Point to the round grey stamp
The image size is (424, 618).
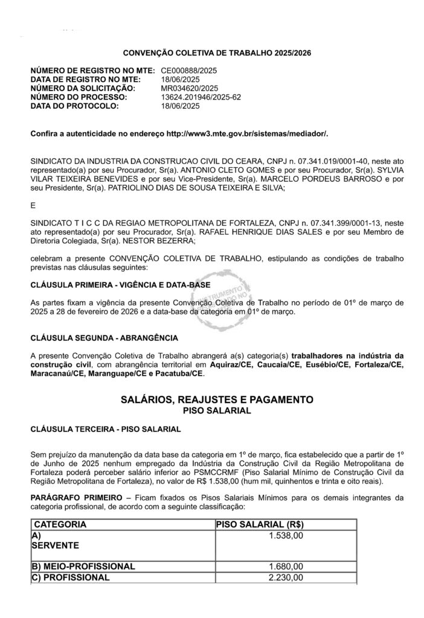pos(229,298)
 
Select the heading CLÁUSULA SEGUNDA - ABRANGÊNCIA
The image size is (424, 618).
pos(104,337)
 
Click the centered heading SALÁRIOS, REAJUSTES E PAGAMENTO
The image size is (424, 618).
pos(217,400)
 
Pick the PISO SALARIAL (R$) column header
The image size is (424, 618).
pos(260,524)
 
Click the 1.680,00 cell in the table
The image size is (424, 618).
pos(286,567)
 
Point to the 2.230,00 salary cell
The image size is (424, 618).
pos(286,578)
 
